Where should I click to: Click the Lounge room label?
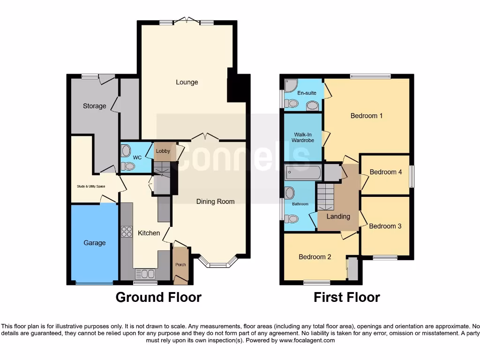tap(187, 82)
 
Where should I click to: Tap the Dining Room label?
tap(215, 202)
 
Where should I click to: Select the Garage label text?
tap(95, 243)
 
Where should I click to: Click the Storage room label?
tap(95, 106)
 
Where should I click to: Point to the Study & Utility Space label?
tap(91, 186)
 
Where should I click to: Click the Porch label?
tap(180, 265)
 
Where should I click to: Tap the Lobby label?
tap(163, 151)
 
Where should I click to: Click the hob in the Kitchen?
tap(127, 232)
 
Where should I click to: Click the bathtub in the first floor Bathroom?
tap(303, 172)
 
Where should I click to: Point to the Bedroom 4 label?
tap(386, 172)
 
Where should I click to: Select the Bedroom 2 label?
tap(315, 257)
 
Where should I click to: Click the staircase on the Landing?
tap(327, 197)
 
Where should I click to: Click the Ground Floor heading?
tap(158, 297)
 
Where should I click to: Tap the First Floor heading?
tap(346, 297)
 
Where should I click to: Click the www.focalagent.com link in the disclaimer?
tap(307, 340)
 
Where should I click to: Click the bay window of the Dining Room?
tap(218, 265)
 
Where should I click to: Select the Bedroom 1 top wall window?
tap(370, 76)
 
